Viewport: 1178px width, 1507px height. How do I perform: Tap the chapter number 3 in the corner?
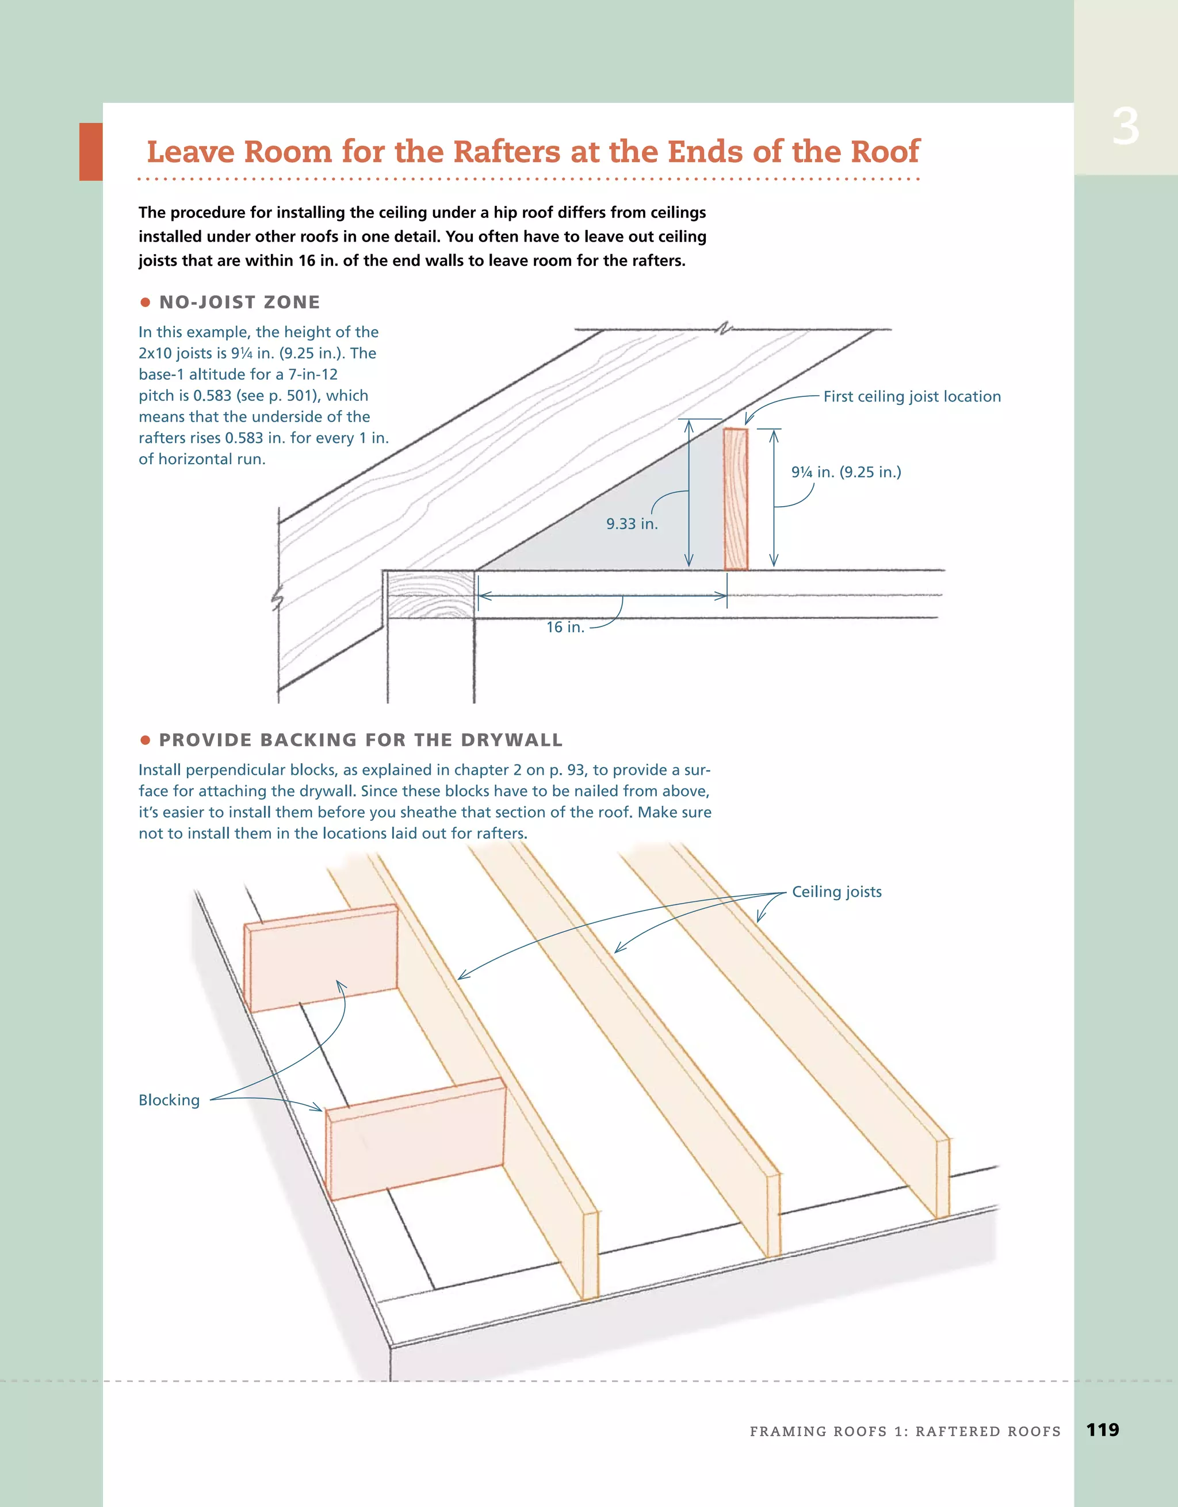(x=1125, y=128)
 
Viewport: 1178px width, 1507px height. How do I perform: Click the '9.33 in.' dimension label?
(x=632, y=524)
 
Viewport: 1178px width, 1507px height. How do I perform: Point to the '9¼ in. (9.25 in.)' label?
(x=846, y=472)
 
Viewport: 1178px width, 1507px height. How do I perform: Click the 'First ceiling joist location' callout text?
(x=912, y=397)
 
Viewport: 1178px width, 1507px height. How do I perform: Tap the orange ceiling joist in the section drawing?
(x=736, y=499)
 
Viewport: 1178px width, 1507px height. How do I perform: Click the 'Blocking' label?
(x=169, y=1100)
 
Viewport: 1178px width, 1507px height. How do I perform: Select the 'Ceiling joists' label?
(x=836, y=892)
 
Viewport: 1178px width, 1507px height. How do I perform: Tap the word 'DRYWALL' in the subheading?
(x=511, y=740)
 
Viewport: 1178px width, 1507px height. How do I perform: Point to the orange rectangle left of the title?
(x=90, y=152)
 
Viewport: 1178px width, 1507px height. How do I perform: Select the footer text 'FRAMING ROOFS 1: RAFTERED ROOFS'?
(x=905, y=1431)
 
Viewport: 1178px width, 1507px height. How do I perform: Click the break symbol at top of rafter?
(x=722, y=329)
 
